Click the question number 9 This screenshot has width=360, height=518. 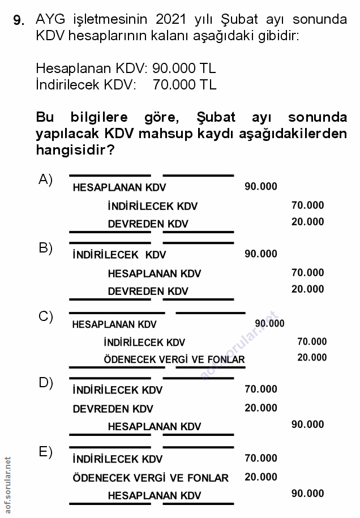click(x=18, y=21)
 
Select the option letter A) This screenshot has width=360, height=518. click(x=45, y=179)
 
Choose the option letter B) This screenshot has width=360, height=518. click(x=45, y=248)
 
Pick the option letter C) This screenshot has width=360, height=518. click(x=45, y=316)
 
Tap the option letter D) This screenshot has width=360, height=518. click(x=45, y=383)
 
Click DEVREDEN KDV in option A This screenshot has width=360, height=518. click(x=148, y=224)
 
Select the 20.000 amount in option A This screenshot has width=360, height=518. click(x=307, y=222)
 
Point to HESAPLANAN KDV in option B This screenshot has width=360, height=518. click(x=154, y=273)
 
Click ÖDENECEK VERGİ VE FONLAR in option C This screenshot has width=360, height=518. click(x=174, y=359)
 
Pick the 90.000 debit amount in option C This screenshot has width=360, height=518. click(x=269, y=323)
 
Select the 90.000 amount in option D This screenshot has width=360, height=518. click(x=307, y=425)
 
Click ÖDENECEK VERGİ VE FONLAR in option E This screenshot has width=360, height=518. click(x=151, y=478)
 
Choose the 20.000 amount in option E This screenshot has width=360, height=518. click(x=261, y=477)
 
